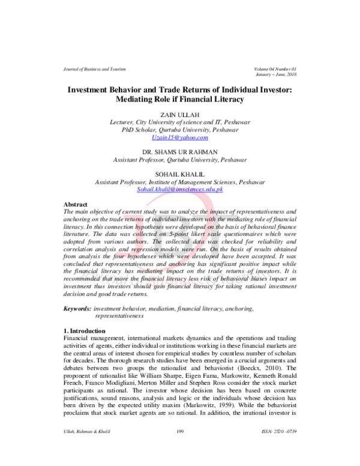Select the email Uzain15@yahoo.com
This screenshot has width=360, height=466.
coord(180,138)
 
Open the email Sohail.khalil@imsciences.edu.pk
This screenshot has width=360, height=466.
coord(180,189)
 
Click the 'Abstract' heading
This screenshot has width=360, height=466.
coord(76,205)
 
